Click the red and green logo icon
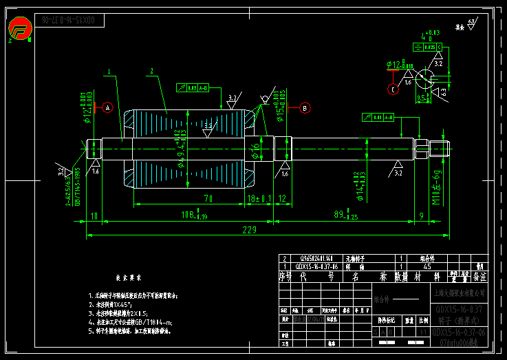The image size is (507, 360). coord(21,29)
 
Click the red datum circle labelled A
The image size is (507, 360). coord(107,107)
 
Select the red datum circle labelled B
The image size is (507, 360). coord(305,107)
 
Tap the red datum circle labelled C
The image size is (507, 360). coord(393,89)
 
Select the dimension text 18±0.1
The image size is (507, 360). coord(259,198)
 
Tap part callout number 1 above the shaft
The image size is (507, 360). coord(109,70)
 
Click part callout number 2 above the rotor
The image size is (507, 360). coord(150,71)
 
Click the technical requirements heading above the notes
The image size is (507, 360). coord(129,278)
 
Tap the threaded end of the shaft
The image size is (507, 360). coord(439,147)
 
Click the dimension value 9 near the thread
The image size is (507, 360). coord(420,215)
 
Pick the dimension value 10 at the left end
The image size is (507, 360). coord(94,215)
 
